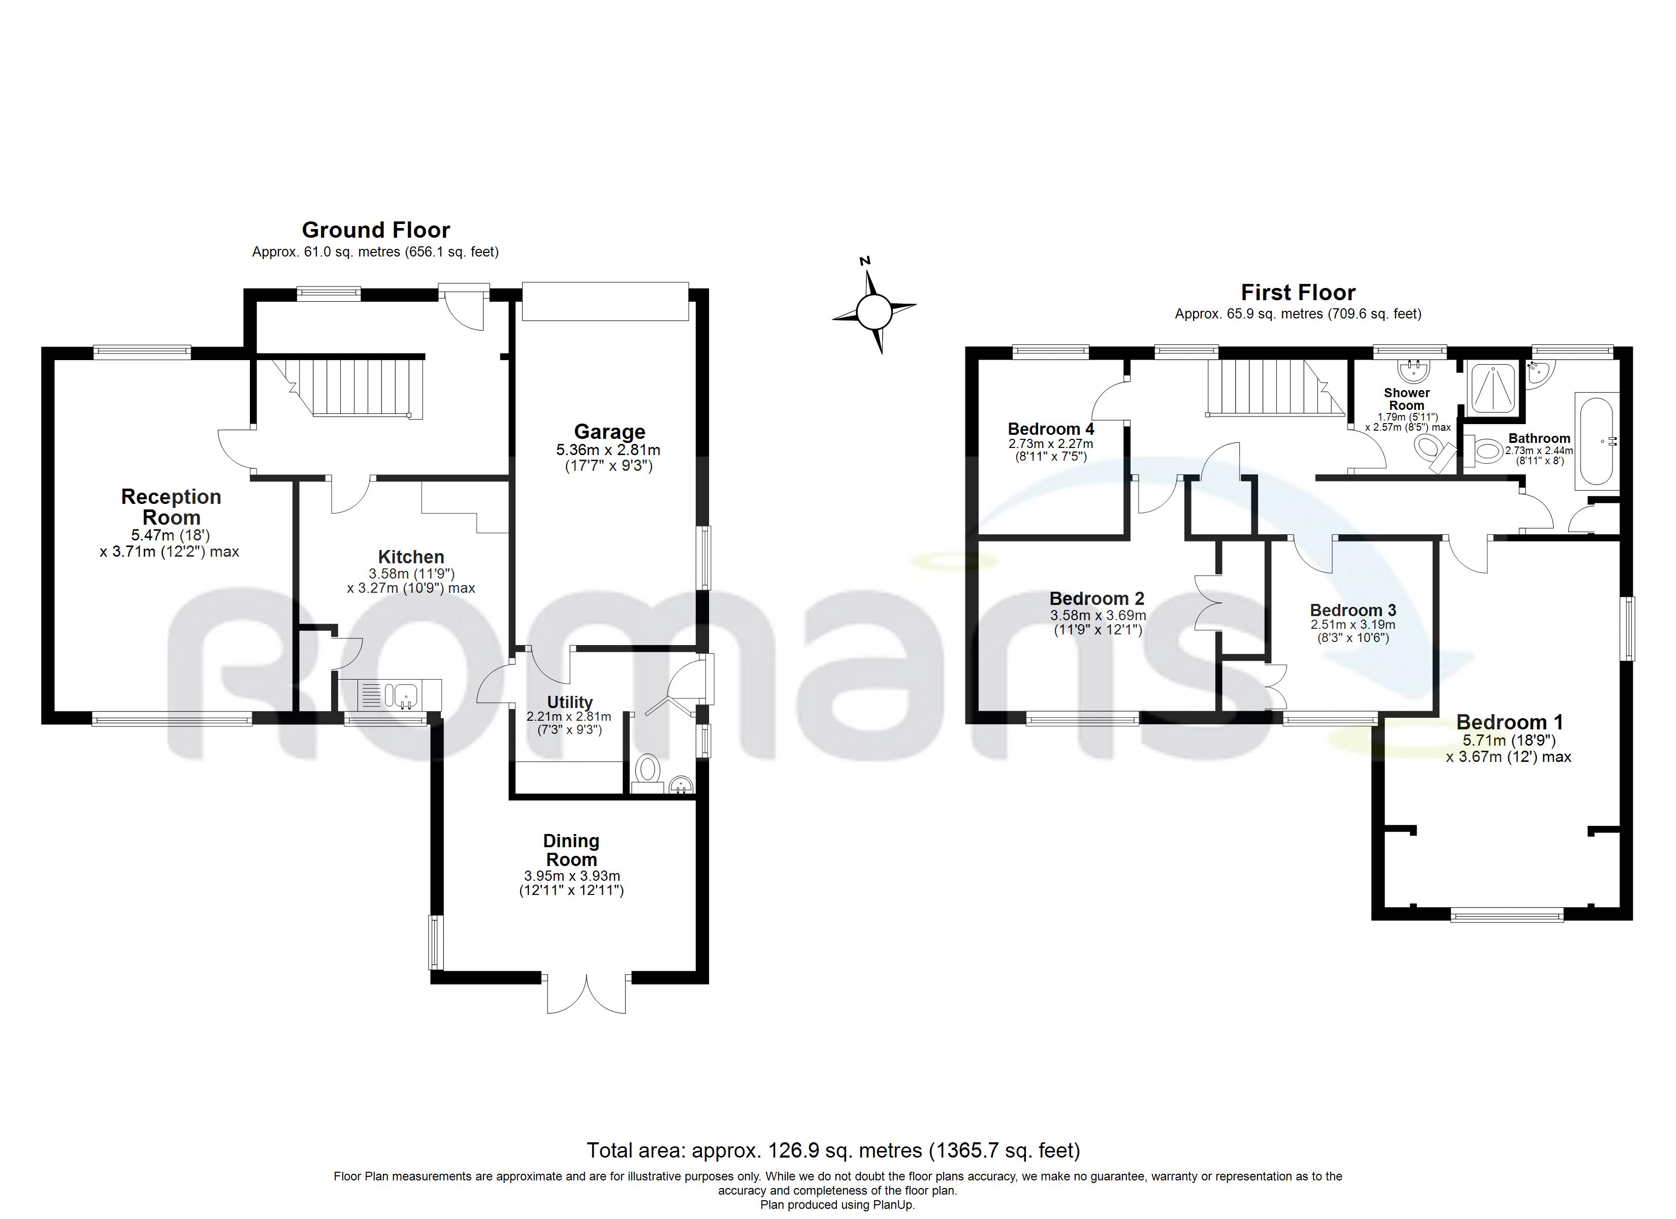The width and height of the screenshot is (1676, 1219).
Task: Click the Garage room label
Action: (x=609, y=432)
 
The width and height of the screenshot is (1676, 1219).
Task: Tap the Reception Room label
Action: (x=171, y=507)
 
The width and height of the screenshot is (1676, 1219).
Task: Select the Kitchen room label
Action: (x=411, y=557)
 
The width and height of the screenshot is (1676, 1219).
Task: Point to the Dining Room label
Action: (x=571, y=850)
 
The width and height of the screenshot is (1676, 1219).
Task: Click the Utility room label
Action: (x=570, y=702)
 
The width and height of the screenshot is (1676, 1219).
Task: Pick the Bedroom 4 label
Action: (x=1051, y=429)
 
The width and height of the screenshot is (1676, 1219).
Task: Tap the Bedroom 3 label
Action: (x=1353, y=610)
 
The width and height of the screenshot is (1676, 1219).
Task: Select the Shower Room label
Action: (x=1406, y=399)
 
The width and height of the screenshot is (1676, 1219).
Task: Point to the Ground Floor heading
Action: (x=375, y=230)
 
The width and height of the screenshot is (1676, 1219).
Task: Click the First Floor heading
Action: (x=1298, y=293)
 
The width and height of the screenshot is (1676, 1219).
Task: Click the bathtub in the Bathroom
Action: (x=1597, y=441)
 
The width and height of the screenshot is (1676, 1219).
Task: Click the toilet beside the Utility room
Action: (x=648, y=769)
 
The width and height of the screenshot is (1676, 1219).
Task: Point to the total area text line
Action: (x=833, y=1150)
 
